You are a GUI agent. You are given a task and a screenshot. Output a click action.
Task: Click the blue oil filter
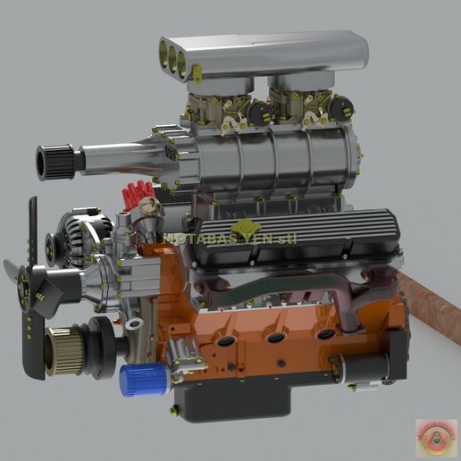[145, 379]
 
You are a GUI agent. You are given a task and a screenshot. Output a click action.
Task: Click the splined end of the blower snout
[53, 162]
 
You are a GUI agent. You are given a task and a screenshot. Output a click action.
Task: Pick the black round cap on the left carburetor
[260, 113]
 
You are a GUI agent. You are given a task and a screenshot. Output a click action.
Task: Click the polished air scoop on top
[268, 54]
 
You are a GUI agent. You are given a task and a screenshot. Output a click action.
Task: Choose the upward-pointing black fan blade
[34, 228]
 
